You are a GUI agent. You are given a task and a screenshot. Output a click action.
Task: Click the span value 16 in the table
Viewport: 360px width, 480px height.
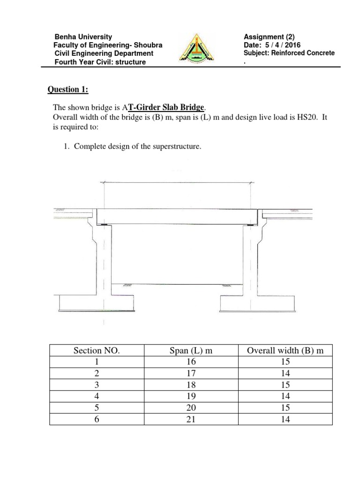coord(191,362)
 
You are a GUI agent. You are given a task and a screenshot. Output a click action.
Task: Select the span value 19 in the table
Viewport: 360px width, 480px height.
coord(191,397)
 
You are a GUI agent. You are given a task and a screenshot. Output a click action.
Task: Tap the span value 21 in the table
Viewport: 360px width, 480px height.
coord(191,420)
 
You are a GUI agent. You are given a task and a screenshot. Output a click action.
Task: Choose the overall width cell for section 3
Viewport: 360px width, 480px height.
coord(285,385)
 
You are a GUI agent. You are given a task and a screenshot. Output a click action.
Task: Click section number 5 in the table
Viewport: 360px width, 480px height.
coord(97,408)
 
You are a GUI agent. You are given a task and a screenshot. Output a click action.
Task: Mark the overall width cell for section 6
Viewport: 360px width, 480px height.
coord(285,420)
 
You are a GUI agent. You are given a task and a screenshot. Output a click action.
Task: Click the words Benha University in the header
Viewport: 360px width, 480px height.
coord(83,36)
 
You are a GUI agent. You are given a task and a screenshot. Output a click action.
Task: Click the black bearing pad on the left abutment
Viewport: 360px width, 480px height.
coord(104,225)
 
